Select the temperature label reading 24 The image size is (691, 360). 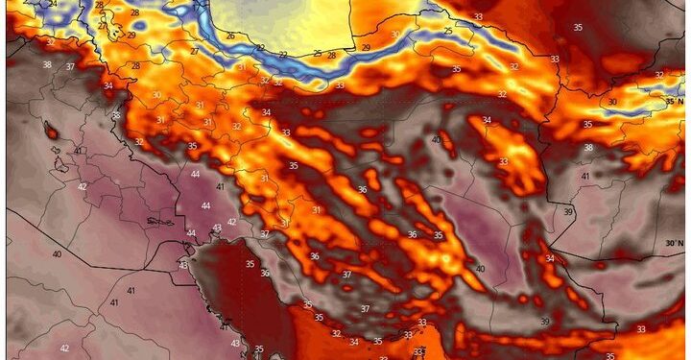[53, 4]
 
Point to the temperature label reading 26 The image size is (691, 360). [230, 36]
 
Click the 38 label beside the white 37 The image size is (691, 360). [47, 64]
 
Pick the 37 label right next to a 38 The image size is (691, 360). [70, 66]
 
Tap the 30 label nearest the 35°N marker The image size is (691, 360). [612, 101]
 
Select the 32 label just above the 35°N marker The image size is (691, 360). [659, 75]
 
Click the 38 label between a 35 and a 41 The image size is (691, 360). [588, 147]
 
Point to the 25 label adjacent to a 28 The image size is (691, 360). [318, 54]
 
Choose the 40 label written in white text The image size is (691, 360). [57, 253]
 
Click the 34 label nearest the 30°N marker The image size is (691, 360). [550, 258]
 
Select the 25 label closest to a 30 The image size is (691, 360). [447, 32]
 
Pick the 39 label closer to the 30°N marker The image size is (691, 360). [568, 211]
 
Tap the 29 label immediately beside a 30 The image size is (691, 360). [366, 47]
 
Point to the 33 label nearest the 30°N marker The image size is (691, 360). [640, 329]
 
